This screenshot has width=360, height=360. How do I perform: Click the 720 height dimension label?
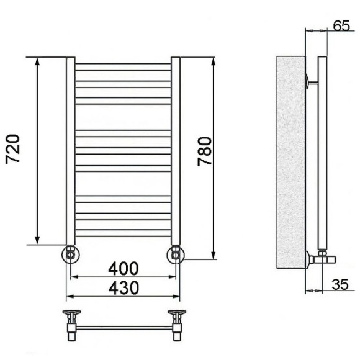tap(13, 149)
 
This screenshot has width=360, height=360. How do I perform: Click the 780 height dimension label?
tap(205, 151)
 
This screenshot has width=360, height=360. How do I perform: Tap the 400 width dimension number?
tap(124, 269)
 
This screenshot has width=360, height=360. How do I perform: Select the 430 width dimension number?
tap(124, 288)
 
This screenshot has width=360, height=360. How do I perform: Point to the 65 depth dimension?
tap(341, 25)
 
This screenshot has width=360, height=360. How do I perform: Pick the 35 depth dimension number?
tap(340, 284)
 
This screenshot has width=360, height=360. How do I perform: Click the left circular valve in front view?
tap(71, 254)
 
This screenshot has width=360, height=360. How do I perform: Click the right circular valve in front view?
tap(176, 254)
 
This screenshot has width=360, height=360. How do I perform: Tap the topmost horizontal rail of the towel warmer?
tap(123, 67)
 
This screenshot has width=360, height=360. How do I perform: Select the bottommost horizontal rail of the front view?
tap(123, 233)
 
